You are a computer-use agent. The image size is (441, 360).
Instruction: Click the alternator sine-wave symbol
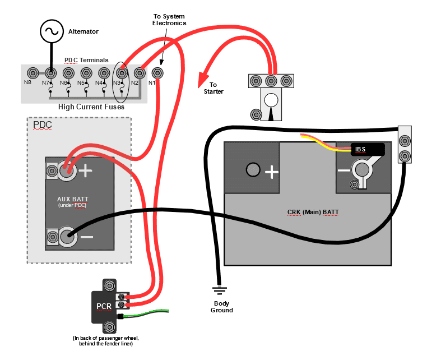pos(50,31)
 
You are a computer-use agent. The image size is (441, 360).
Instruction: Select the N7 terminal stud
pos(51,73)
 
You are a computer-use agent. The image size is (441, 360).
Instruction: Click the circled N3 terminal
pos(120,73)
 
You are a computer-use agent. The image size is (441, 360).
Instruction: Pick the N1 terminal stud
pos(157,73)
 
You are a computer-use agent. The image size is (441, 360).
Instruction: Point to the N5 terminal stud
pos(86,73)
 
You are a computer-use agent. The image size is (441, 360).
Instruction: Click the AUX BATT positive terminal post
pos(68,171)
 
